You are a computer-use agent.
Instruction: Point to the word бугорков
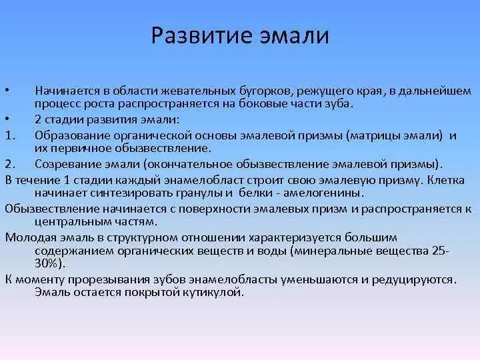(x=250, y=89)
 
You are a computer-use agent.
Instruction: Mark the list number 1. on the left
(x=9, y=135)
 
